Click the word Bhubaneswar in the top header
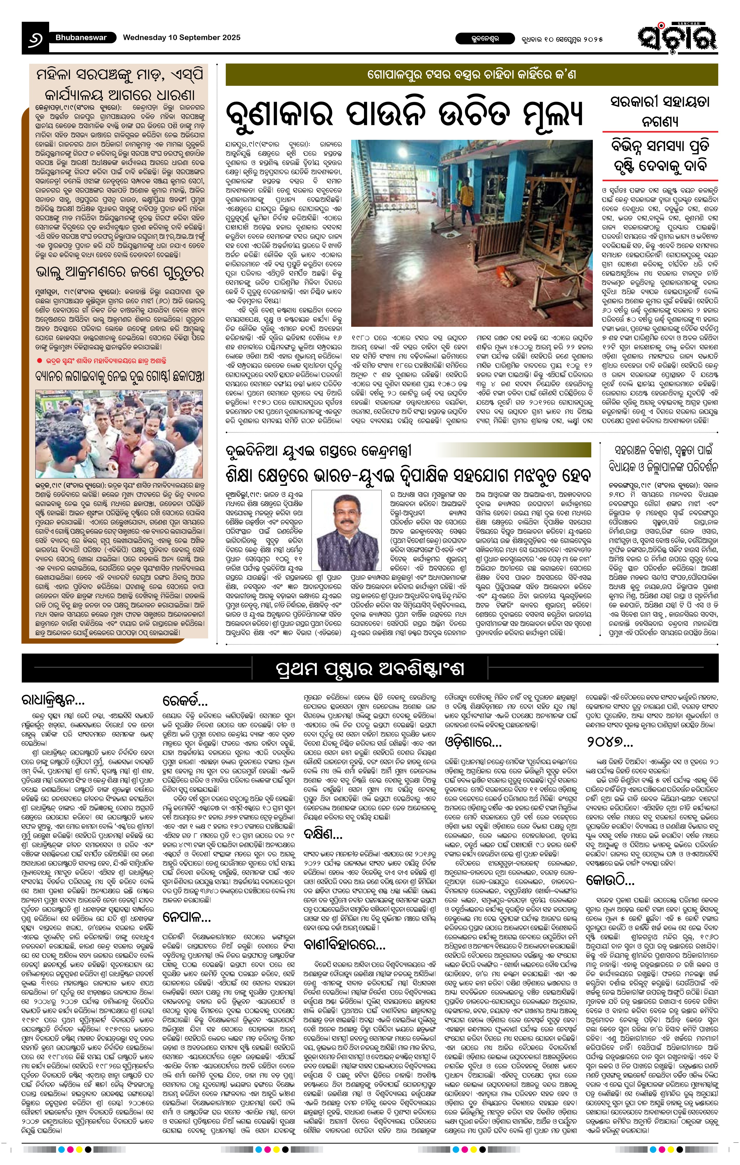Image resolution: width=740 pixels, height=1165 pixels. [x=81, y=37]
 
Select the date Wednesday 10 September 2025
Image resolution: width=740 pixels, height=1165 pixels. [x=181, y=37]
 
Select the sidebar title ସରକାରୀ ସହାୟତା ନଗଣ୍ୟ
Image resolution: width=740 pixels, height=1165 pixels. [x=660, y=111]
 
